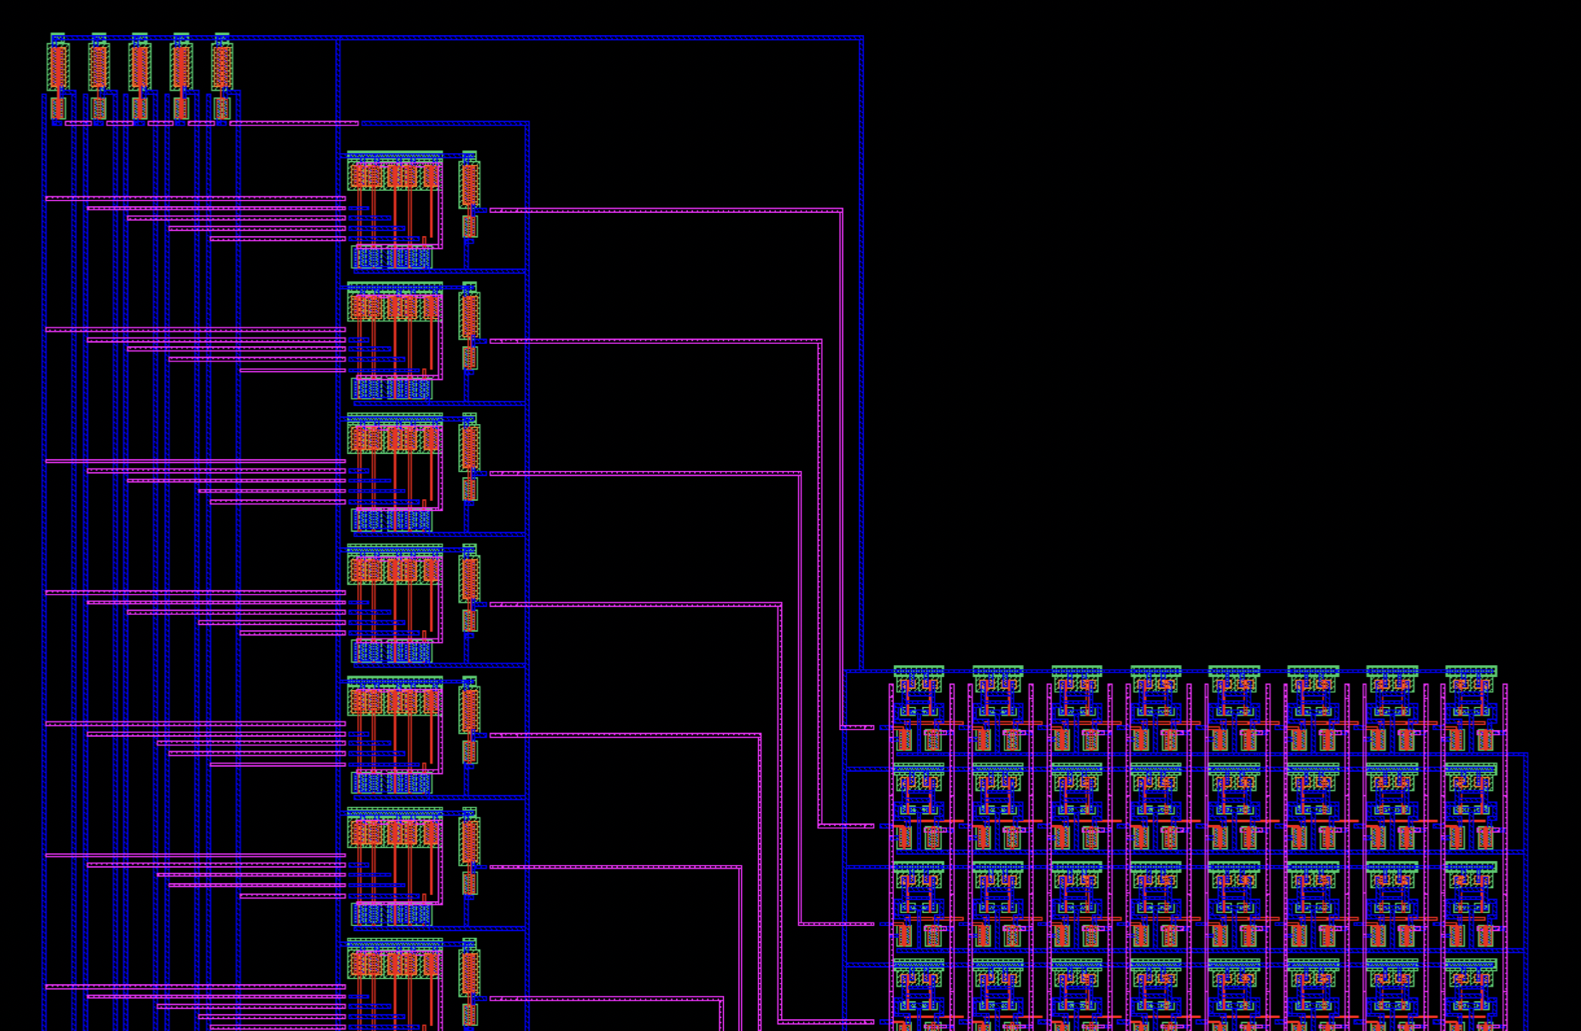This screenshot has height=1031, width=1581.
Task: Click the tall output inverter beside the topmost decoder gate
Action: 469,195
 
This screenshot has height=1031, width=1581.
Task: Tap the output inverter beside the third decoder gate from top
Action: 469,457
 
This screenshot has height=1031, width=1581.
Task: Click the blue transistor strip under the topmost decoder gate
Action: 391,257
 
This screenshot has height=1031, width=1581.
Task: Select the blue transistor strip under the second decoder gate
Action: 391,389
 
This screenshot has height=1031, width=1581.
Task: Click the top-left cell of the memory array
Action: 919,710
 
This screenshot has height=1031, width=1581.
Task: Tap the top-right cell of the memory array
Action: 1471,710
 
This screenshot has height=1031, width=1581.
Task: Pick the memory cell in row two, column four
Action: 1155,807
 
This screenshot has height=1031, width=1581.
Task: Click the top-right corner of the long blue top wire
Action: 861,38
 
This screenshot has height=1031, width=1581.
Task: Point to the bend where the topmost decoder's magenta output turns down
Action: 841,210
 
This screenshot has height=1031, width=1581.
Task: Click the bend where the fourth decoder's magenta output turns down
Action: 779,604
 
